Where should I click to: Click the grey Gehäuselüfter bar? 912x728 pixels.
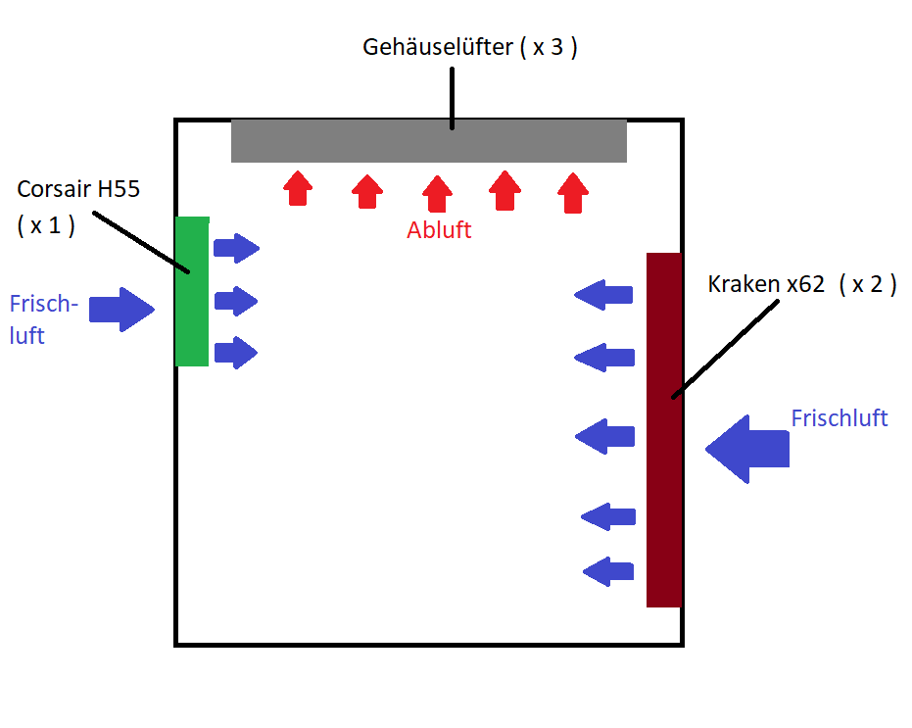coord(428,141)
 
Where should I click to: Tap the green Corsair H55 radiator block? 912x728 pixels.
coord(192,291)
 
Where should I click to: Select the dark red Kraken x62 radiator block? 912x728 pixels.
coord(663,429)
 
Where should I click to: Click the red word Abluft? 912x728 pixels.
coord(439,230)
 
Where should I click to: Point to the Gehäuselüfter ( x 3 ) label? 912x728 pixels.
coord(469,47)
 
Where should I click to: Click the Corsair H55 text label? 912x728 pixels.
coord(78,189)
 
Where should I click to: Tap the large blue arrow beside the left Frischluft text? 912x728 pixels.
coord(121,311)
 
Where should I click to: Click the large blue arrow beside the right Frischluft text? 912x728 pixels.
coord(747,449)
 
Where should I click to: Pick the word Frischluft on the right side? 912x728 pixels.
coord(839,418)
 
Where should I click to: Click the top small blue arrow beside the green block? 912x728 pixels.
coord(236,248)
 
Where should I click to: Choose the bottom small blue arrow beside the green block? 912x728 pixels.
coord(236,352)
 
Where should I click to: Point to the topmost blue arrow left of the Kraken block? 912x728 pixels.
coord(603,295)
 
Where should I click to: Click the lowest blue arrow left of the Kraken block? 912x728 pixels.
coord(608,570)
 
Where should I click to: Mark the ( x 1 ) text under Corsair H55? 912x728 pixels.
coord(46,224)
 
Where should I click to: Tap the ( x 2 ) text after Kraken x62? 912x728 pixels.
coord(868,285)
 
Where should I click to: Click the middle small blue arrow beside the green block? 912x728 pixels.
coord(236,300)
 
